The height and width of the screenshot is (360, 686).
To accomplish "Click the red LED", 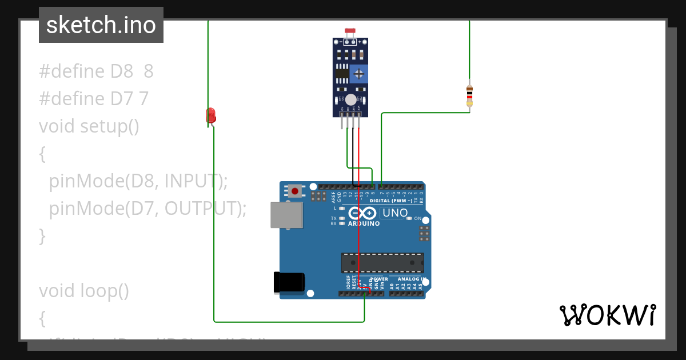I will coord(210,115).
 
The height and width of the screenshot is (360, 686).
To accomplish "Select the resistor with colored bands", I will coord(469,95).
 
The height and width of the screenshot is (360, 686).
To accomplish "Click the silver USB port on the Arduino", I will coord(286,215).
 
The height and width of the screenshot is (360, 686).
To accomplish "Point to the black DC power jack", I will coord(289,282).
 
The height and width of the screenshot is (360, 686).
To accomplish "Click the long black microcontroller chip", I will coord(382,262).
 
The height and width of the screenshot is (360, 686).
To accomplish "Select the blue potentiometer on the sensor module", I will coord(359,73).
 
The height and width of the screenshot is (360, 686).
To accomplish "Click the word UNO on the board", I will coord(395,213).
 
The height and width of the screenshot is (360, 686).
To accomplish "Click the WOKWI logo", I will coord(607,315).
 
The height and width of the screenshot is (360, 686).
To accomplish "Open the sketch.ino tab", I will coord(101,25).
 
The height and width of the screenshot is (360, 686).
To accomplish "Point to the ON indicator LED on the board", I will coord(409,219).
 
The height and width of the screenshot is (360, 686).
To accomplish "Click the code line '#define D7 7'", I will coord(94,99).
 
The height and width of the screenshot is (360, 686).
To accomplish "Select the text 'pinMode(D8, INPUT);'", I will coord(138,181).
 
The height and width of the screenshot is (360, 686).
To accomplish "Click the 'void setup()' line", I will coord(89,126).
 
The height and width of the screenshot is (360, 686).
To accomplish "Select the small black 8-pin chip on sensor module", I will coord(342,73).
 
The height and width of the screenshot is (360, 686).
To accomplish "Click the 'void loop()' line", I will coord(84,291).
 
